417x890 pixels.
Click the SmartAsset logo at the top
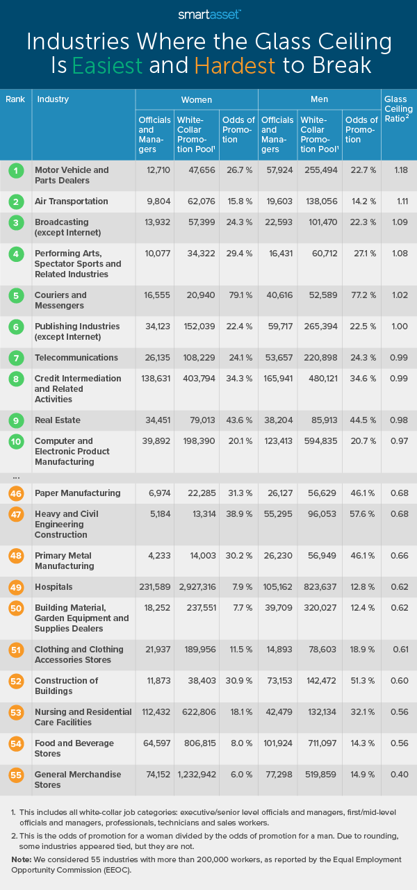click(x=208, y=13)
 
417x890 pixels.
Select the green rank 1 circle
click(x=15, y=170)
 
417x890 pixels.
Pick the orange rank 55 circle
click(x=15, y=775)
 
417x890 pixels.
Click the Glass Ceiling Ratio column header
click(x=398, y=109)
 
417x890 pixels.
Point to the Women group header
click(x=197, y=100)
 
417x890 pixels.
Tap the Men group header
click(x=320, y=100)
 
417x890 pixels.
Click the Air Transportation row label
click(x=72, y=201)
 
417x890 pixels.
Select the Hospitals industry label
click(x=54, y=587)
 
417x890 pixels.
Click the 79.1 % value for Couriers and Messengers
click(x=237, y=295)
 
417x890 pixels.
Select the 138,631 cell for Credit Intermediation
click(x=154, y=379)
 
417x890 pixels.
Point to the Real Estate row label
click(x=58, y=420)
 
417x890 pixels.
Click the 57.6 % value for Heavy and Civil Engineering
click(x=359, y=514)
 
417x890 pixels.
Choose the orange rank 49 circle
click(x=15, y=587)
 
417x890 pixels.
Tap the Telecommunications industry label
click(x=76, y=358)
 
